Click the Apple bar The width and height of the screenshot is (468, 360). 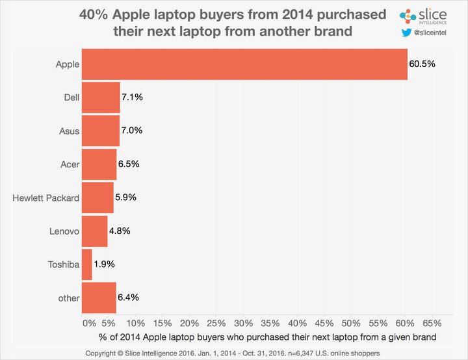click(244, 64)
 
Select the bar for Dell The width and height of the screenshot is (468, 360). click(101, 97)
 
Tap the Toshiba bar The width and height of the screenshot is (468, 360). click(86, 264)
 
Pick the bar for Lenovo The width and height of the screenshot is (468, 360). click(94, 231)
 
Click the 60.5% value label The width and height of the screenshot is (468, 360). click(422, 64)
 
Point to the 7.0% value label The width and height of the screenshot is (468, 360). click(133, 131)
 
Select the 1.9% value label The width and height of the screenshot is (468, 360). click(105, 264)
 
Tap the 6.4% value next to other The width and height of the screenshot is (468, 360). click(129, 298)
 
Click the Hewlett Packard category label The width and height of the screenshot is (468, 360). click(46, 198)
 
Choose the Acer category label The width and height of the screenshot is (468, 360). click(68, 164)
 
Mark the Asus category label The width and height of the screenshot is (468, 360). click(69, 131)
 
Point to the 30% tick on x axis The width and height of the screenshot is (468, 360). click(243, 323)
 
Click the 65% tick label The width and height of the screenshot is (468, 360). click(432, 323)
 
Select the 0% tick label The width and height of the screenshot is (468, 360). click(89, 323)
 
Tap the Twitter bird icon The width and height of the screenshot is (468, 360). click(406, 31)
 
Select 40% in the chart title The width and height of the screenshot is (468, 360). click(94, 14)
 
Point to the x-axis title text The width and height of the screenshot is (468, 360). click(266, 337)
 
